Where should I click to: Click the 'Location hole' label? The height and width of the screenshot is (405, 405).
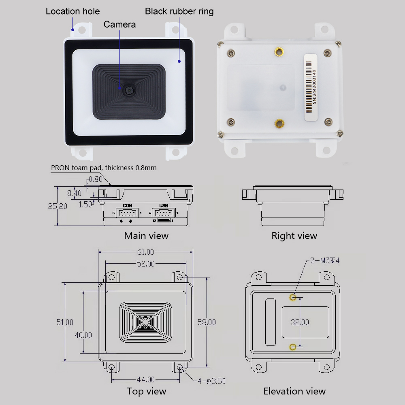pos(72,11)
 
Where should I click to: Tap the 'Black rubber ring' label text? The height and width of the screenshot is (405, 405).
pos(179,11)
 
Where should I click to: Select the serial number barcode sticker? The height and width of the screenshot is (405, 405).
pos(310,87)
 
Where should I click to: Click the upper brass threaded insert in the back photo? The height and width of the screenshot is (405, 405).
pos(279,51)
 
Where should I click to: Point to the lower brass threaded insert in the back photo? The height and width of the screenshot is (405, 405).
pos(279,123)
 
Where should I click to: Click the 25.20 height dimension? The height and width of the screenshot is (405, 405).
pos(58,206)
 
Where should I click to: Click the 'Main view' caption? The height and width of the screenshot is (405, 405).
pos(146,236)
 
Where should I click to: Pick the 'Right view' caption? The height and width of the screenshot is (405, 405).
pos(294,236)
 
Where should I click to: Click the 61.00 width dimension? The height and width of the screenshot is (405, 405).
pos(146,252)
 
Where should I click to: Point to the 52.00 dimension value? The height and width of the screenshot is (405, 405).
pos(145,264)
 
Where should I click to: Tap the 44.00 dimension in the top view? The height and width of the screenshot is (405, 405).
pos(146,379)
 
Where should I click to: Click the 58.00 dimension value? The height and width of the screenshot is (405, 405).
pos(207,322)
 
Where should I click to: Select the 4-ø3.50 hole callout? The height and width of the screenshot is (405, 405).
pos(211,381)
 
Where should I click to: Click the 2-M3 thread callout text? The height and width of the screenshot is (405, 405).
pos(324,260)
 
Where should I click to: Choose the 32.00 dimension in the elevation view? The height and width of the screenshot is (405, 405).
pos(300,322)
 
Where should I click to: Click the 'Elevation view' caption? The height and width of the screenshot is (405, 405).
pos(294,391)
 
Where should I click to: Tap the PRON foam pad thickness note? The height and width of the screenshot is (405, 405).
pos(104,168)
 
